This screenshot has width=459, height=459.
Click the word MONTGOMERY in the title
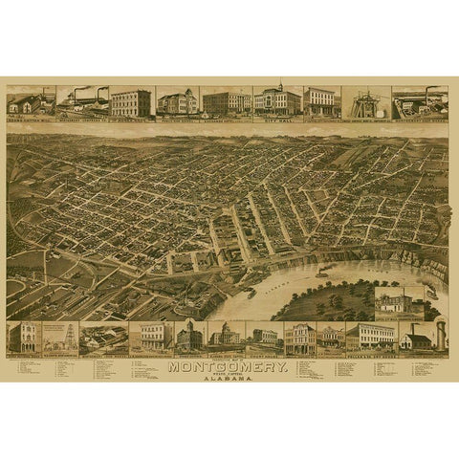click(229, 365)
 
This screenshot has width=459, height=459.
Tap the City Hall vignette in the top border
click(277, 101)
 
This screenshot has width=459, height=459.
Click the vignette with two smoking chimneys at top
click(82, 101)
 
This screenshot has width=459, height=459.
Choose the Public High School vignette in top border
click(177, 102)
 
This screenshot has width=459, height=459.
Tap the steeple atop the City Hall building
click(280, 86)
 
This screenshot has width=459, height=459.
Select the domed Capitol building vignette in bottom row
click(226, 335)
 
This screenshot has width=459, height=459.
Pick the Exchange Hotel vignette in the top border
click(227, 102)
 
